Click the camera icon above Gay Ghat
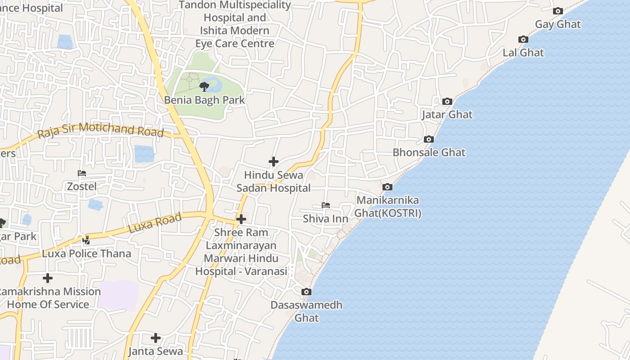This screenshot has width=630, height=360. click(x=558, y=11)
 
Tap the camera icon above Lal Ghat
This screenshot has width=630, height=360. click(x=523, y=40)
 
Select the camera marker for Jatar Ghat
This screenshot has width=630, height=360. click(x=447, y=102)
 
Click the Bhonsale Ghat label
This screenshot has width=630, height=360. click(x=429, y=152)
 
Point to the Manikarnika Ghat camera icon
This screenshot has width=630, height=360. click(x=387, y=187)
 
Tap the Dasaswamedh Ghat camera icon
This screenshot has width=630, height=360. click(x=306, y=292)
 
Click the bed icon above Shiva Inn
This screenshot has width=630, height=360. click(x=326, y=205)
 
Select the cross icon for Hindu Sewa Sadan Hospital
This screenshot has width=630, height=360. click(x=273, y=162)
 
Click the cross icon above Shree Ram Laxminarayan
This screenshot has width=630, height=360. click(x=241, y=219)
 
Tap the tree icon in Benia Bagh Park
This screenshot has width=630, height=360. click(x=204, y=86)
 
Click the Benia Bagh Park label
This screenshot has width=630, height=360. click(x=204, y=99)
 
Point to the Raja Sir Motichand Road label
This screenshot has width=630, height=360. click(x=100, y=130)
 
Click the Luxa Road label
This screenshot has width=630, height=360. click(x=155, y=223)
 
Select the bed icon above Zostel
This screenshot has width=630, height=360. click(x=82, y=173)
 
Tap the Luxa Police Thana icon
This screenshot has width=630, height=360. click(x=86, y=240)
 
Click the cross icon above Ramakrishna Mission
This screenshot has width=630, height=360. click(x=47, y=278)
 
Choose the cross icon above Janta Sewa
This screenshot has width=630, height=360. click(x=156, y=337)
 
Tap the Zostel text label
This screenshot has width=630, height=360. click(x=82, y=186)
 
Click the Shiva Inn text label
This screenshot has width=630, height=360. click(x=325, y=219)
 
